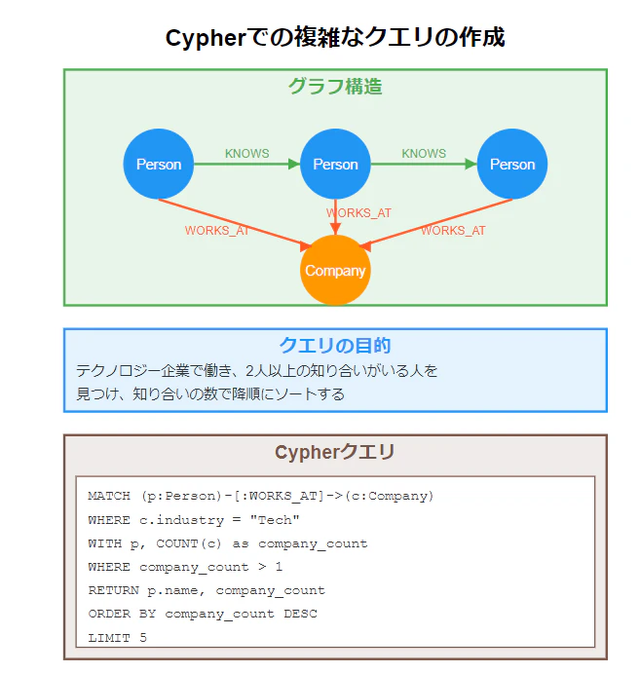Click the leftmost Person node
click(159, 164)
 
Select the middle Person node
click(335, 164)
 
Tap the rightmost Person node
click(512, 164)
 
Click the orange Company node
click(335, 271)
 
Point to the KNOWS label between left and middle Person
click(247, 154)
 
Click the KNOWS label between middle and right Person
click(424, 154)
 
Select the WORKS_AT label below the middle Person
click(358, 213)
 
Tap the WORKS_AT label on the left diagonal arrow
click(217, 231)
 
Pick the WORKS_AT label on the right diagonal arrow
click(453, 231)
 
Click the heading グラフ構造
click(335, 87)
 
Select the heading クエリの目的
click(335, 346)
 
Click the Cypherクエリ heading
click(335, 452)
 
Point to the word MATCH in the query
click(109, 496)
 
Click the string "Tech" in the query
click(275, 520)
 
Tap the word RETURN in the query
click(113, 590)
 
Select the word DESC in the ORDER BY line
click(300, 614)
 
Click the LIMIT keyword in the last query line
click(109, 638)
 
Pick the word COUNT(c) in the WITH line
click(189, 543)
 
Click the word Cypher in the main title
click(207, 39)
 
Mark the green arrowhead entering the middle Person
click(294, 164)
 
